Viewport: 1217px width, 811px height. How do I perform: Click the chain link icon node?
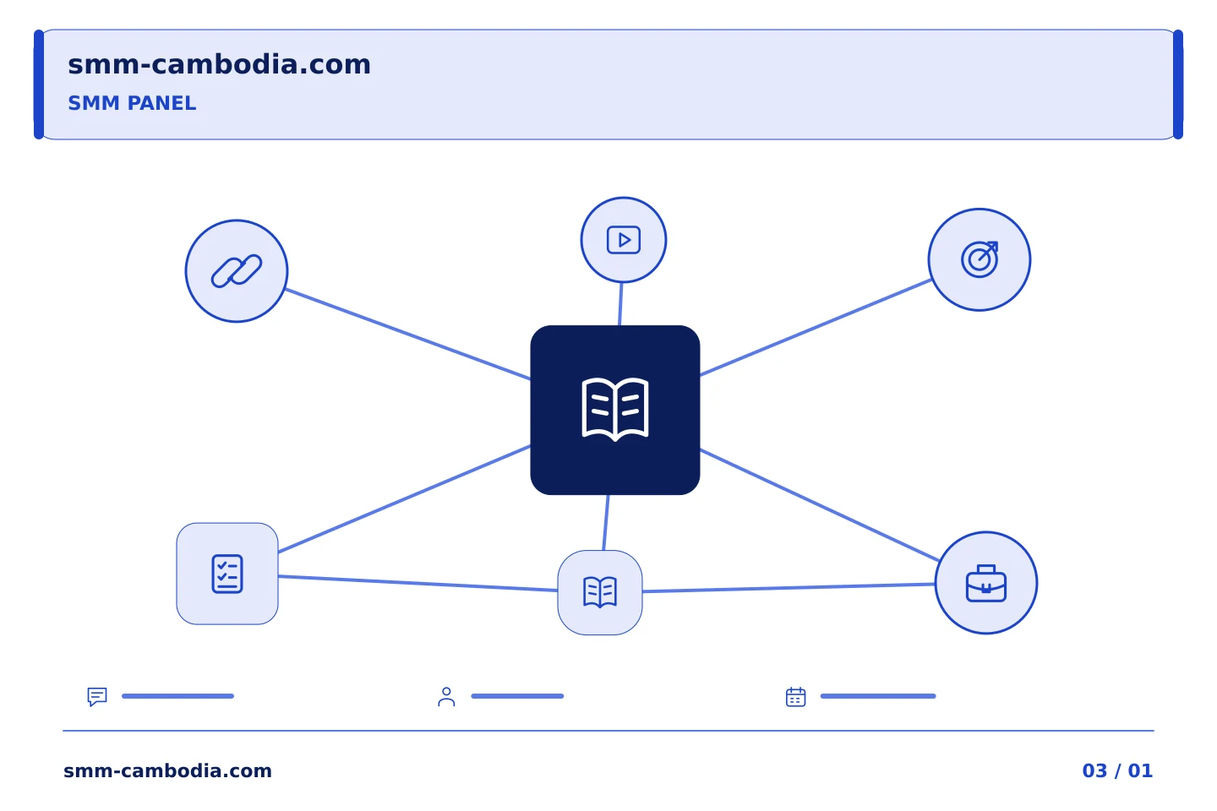237,271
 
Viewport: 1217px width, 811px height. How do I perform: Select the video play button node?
623,240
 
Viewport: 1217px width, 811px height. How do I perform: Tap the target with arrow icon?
979,259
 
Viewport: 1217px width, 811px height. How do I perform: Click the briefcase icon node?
986,583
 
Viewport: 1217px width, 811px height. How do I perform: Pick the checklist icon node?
227,574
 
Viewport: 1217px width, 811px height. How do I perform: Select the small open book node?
600,592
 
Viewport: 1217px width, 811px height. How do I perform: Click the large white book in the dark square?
615,409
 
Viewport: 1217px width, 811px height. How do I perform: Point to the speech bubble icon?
97,696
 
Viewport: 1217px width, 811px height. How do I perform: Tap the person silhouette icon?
446,697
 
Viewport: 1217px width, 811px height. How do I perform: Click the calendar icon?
795,697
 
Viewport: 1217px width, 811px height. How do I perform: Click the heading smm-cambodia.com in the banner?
219,64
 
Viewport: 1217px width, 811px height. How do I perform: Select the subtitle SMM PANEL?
132,103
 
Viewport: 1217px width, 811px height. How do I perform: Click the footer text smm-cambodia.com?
167,770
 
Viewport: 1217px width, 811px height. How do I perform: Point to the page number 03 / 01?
1117,770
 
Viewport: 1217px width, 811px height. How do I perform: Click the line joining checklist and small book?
417,583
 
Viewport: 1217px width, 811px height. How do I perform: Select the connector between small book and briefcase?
789,588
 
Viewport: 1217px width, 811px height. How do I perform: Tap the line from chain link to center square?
408,334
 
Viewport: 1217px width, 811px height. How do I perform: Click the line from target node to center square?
816,328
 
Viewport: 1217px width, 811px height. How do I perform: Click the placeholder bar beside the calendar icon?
878,696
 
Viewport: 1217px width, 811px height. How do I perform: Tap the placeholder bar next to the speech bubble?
177,696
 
